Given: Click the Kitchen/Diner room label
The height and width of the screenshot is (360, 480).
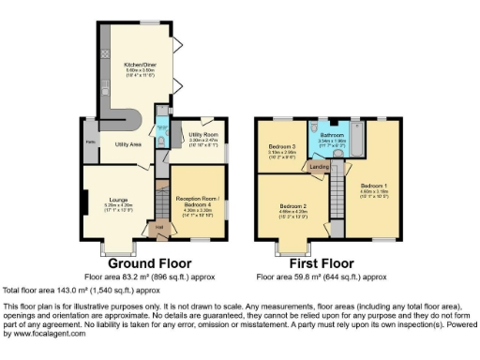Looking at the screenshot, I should (140, 64).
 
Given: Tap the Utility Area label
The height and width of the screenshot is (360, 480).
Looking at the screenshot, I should (127, 145).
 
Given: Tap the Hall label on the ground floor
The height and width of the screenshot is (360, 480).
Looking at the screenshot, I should (159, 225).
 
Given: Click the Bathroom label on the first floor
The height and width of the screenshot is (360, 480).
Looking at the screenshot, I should (332, 134).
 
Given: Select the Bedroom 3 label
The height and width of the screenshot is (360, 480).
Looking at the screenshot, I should (283, 147).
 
